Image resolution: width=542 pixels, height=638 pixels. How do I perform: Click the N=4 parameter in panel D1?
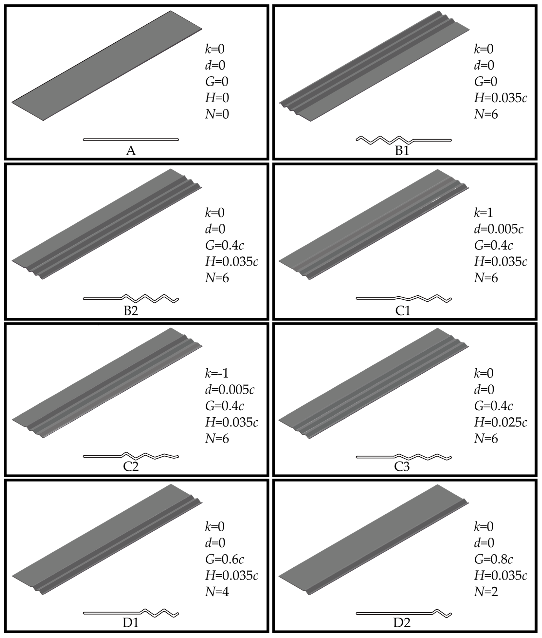coord(217,592)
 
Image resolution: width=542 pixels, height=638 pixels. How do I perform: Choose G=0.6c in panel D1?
coord(225,559)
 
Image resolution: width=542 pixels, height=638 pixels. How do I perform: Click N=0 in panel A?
coord(217,114)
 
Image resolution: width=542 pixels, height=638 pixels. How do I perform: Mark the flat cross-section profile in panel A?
coord(131,139)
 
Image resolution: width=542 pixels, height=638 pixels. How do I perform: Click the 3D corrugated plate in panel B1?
coord(374,66)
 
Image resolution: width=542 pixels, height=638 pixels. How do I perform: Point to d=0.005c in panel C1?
coord(498,229)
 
